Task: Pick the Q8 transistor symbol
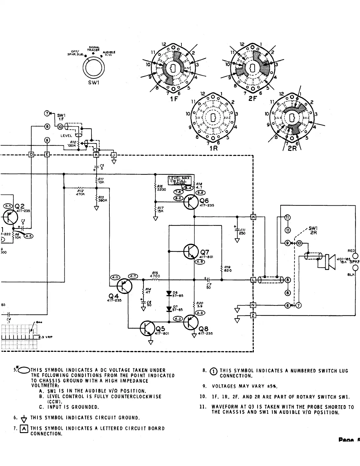191,322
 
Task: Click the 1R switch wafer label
214,148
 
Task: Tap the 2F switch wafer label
252,99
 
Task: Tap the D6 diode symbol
169,293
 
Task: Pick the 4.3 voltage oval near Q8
178,319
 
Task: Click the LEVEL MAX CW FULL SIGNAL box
179,180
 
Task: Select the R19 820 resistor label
227,269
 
